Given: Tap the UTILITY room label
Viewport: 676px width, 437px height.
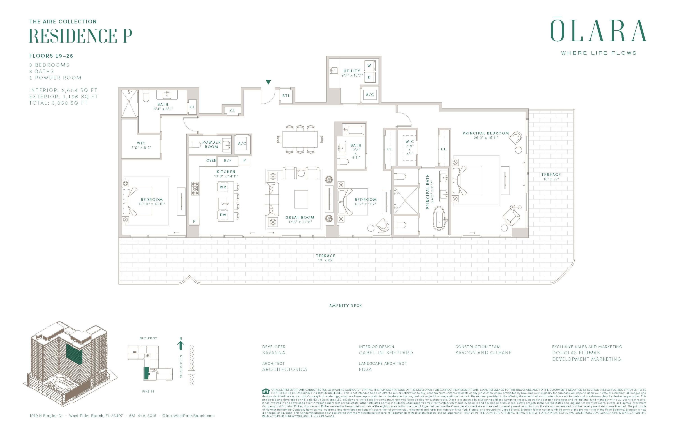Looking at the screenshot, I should pyautogui.click(x=352, y=71).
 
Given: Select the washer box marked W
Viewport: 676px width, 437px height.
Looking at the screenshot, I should pyautogui.click(x=369, y=66).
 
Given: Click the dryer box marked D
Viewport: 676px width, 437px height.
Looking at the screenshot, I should pyautogui.click(x=369, y=77).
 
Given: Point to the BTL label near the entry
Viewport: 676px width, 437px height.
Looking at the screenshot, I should pyautogui.click(x=286, y=96).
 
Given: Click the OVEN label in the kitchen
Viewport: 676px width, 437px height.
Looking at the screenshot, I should pyautogui.click(x=211, y=160).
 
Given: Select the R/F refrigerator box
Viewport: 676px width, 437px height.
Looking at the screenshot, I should pyautogui.click(x=228, y=160).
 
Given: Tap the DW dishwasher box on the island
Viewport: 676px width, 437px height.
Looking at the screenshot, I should pyautogui.click(x=223, y=215).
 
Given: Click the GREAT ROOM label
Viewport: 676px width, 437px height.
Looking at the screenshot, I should pyautogui.click(x=300, y=217).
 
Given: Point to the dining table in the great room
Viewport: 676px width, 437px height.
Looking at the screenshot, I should pyautogui.click(x=300, y=139).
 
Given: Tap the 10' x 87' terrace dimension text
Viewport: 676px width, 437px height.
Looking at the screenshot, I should pyautogui.click(x=326, y=260).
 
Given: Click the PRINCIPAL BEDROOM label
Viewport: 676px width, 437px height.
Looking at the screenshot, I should pyautogui.click(x=485, y=133).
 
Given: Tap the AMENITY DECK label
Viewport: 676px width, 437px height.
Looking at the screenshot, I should pyautogui.click(x=345, y=306).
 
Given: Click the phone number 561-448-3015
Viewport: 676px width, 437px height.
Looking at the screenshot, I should pyautogui.click(x=143, y=416).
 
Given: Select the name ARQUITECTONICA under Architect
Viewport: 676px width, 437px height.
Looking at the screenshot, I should pyautogui.click(x=285, y=369).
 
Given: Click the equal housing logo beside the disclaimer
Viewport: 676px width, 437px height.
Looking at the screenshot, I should pyautogui.click(x=266, y=391).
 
